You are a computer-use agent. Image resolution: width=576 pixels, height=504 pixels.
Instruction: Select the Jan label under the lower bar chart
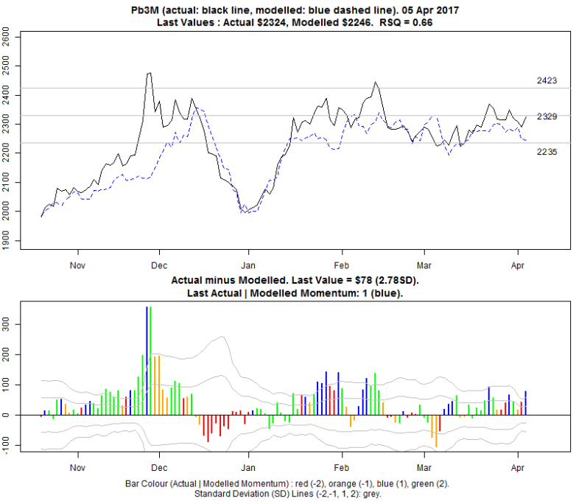248,467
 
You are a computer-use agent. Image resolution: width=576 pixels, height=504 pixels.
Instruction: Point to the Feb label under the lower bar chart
340,467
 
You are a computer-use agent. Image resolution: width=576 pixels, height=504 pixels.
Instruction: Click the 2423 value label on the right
547,80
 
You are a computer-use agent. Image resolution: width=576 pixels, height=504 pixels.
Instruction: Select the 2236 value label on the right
547,151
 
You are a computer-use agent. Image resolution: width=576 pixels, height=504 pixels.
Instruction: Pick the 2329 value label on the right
547,116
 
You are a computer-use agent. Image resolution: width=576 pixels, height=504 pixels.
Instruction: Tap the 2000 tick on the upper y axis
6,215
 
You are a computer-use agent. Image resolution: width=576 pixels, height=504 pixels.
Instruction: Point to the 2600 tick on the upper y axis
6,35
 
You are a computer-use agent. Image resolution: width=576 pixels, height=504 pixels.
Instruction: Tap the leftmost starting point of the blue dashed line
41,215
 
